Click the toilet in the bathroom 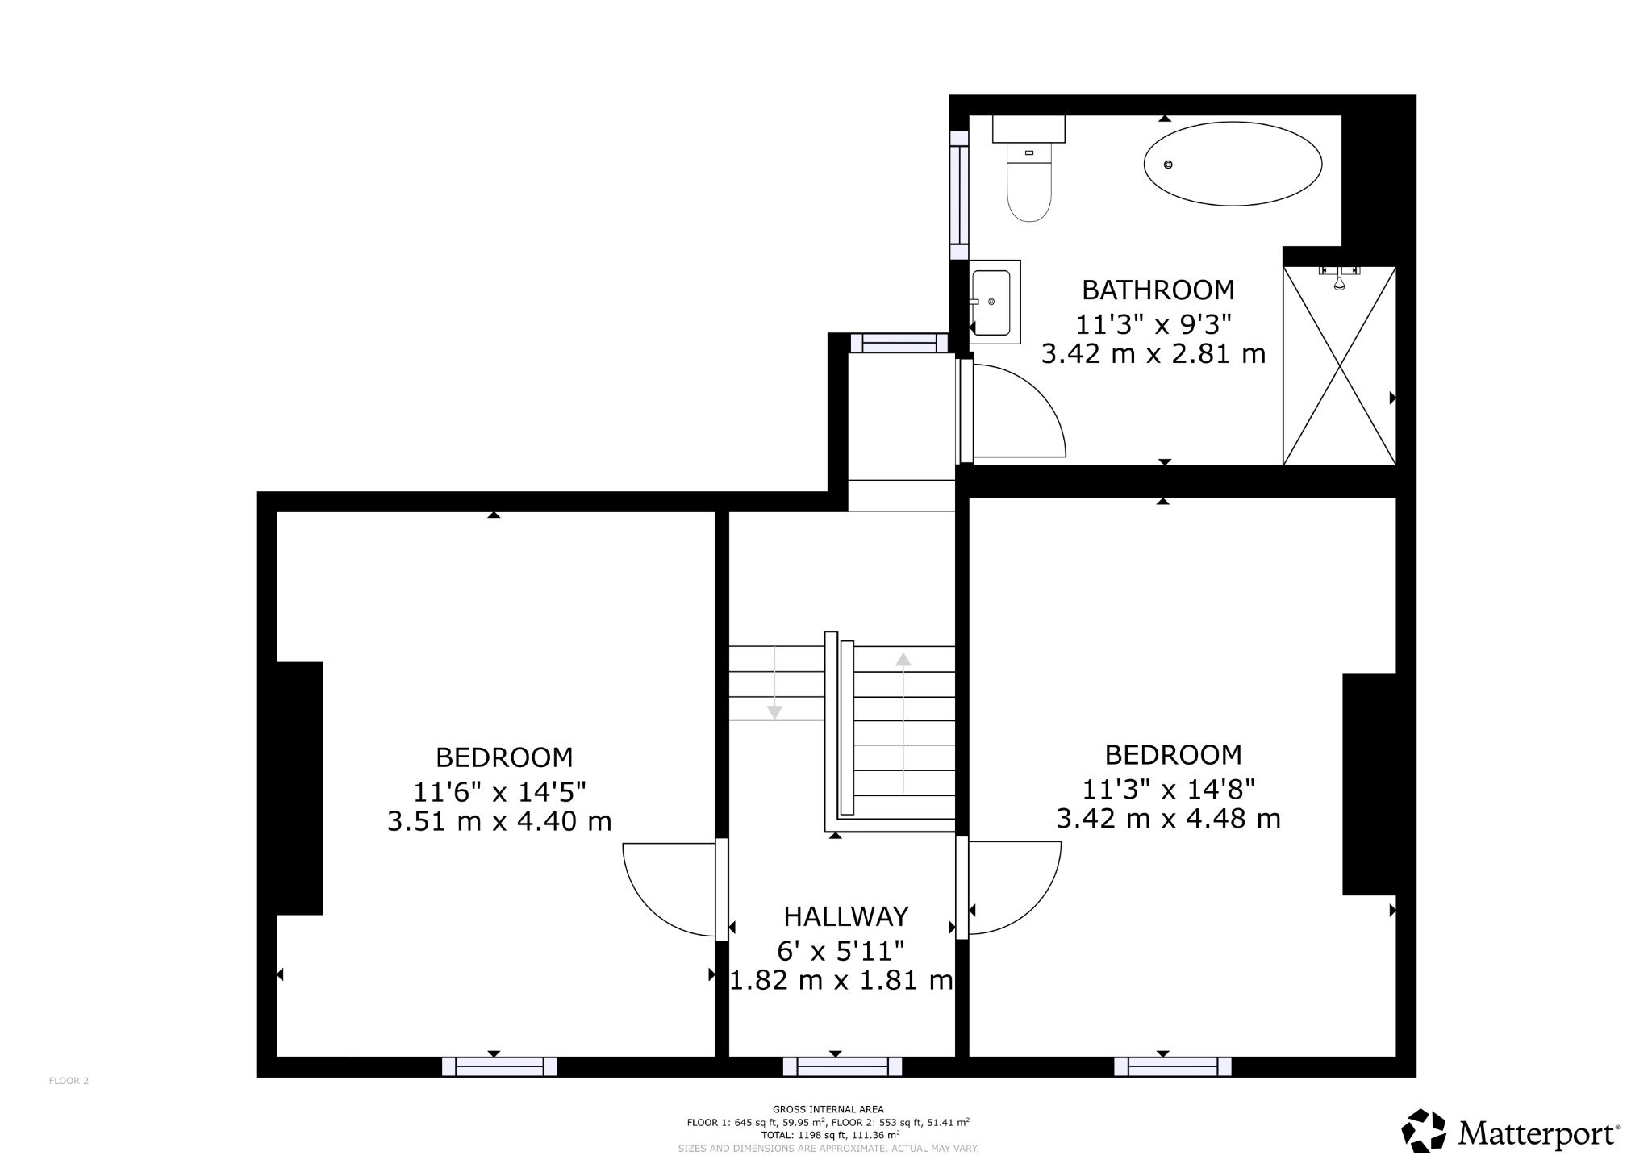(x=1029, y=181)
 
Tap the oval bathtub (x=1233, y=164)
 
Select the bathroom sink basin (x=991, y=302)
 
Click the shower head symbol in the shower (x=1339, y=282)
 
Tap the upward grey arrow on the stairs (x=903, y=660)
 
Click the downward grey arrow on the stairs (x=774, y=711)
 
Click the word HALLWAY (x=846, y=917)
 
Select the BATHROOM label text (x=1158, y=290)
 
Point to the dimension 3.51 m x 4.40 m (x=499, y=822)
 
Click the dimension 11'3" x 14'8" (x=1168, y=787)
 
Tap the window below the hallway (x=842, y=1066)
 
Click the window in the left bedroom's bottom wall (x=499, y=1066)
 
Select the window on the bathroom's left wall (x=958, y=194)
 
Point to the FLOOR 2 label (x=69, y=1081)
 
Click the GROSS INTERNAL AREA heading (x=828, y=1109)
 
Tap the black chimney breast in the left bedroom (x=299, y=788)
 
